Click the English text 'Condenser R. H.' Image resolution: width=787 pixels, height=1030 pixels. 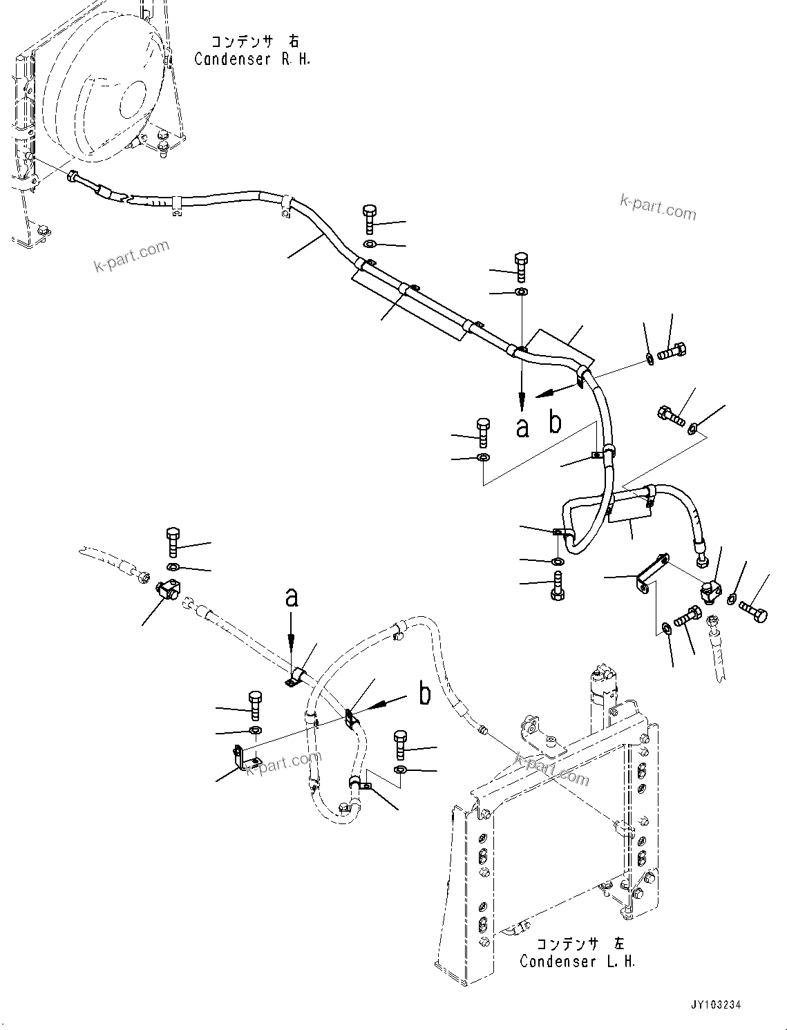(252, 59)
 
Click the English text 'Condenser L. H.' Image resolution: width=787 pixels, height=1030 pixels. (577, 961)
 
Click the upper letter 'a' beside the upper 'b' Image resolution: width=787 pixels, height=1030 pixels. (523, 428)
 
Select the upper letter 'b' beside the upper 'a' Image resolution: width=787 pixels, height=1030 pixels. (555, 423)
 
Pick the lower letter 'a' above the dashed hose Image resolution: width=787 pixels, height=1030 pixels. (292, 597)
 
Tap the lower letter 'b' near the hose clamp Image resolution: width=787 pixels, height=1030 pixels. (425, 694)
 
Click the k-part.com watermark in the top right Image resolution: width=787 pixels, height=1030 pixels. (658, 206)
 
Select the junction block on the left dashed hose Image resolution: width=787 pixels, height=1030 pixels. (167, 591)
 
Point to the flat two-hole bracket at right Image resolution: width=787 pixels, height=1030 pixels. (652, 573)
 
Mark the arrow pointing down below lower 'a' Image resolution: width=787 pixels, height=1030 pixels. (292, 642)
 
